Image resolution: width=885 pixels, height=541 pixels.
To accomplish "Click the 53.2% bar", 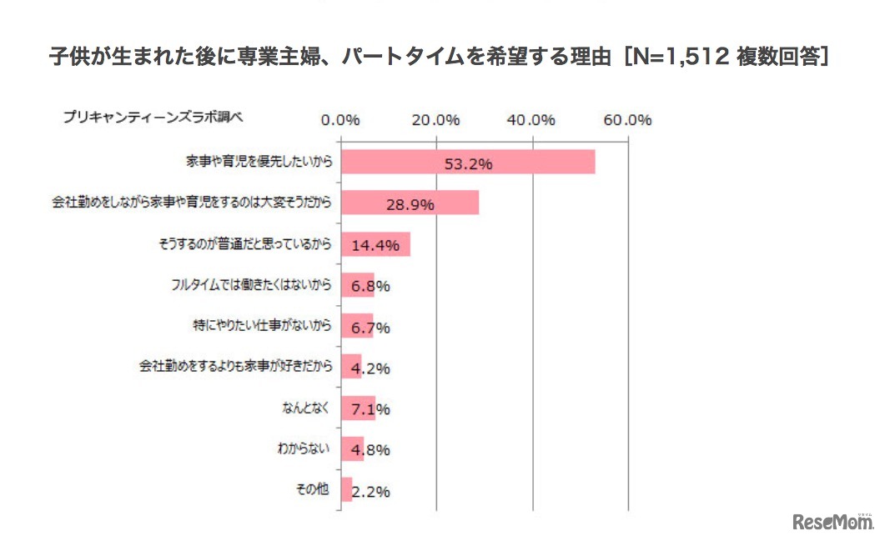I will pos(467,163).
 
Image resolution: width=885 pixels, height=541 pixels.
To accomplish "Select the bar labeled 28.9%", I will pos(410,203).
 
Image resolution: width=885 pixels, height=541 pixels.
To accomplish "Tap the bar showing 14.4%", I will pos(375,244).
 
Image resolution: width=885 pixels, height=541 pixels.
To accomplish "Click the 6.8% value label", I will pos(371,286).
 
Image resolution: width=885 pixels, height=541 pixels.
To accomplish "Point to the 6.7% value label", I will pos(371,327).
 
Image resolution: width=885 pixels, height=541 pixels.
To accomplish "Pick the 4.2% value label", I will pos(371,368).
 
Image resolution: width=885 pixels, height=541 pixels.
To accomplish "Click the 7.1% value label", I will pos(371,409).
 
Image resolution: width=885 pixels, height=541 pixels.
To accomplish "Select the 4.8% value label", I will pos(371,450).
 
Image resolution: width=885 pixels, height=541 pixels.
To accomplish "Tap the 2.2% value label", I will pos(371,492).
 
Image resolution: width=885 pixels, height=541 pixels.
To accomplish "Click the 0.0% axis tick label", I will pos(339,119).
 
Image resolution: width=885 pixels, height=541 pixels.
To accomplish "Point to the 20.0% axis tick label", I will pos(436,119).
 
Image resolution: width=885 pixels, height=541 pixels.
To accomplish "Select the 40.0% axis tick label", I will pos(531,119).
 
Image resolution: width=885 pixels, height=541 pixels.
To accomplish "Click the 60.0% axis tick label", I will pos(627,119).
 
